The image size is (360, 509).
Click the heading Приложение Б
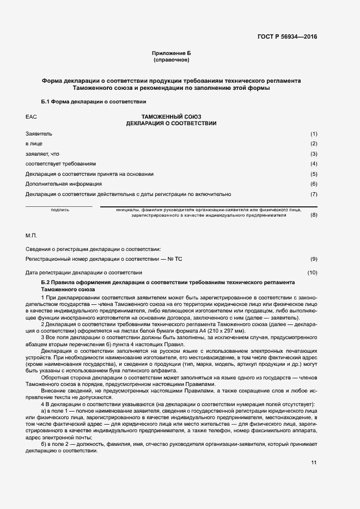point(171,53)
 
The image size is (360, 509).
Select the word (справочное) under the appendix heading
point(171,60)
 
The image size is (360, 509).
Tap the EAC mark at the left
point(31,116)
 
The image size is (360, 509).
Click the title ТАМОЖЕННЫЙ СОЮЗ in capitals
point(171,116)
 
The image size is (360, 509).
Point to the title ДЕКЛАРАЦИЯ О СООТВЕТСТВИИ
point(171,124)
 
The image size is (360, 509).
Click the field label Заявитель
point(37,134)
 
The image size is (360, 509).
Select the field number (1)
point(314,134)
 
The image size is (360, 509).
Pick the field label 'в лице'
point(34,144)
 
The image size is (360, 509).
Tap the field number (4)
point(314,164)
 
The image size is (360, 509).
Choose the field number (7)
point(314,194)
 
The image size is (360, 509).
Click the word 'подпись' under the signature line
point(60,210)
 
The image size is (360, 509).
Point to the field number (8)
point(314,215)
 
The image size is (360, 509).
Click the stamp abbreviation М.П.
point(31,236)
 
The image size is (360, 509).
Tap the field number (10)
point(313,272)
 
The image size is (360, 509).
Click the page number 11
point(314,463)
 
